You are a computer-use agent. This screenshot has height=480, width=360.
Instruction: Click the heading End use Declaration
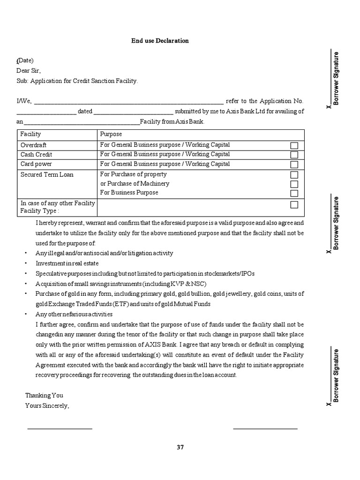tap(160, 41)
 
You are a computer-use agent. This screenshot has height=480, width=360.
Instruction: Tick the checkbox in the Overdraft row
tap(294, 146)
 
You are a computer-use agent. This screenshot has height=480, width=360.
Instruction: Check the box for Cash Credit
tap(294, 155)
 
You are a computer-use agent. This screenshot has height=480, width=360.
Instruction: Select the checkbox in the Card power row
tap(294, 165)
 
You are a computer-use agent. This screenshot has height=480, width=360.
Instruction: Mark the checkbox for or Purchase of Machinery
tap(294, 184)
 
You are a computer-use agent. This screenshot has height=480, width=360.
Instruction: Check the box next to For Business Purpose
tap(294, 193)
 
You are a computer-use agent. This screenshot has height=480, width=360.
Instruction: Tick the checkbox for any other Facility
tap(294, 204)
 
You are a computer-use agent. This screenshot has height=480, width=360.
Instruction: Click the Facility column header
tap(31, 134)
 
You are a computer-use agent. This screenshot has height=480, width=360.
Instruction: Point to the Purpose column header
tap(111, 134)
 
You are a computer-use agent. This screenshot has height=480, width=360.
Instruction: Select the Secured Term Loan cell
tap(47, 175)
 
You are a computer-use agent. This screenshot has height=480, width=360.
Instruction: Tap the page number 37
tap(180, 447)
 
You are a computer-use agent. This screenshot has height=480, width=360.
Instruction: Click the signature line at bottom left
tap(60, 428)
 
